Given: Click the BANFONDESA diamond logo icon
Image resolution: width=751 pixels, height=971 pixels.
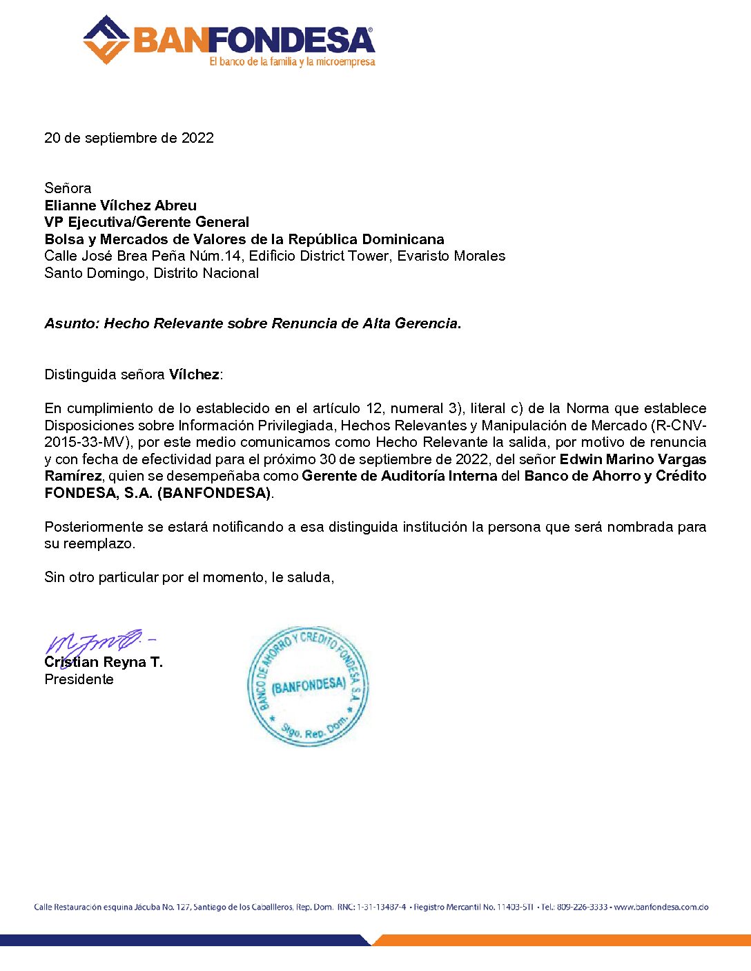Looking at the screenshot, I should pos(106,40).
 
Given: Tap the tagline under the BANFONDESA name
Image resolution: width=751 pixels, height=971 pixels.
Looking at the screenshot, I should pos(292,62).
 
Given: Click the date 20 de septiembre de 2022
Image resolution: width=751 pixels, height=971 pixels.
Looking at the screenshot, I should pos(129,138).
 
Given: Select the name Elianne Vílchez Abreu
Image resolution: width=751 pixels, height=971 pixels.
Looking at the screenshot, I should pos(121,206).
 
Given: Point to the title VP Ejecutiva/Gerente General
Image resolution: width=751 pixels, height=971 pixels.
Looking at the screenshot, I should pos(147,222).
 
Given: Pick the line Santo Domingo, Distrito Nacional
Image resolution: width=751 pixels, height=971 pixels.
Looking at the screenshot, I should pos(152,273).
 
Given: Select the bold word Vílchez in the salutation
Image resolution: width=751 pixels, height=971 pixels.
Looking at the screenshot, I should pos(194,374).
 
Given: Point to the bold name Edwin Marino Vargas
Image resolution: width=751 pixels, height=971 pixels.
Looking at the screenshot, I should pos(632,459).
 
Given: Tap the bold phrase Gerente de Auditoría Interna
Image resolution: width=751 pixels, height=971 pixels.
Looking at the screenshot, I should pos(400,476).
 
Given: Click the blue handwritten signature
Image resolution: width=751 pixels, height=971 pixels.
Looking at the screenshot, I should pos(97,642).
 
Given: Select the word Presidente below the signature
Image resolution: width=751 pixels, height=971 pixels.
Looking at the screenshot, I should pos(79,679).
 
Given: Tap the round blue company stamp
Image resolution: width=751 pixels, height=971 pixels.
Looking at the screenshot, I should pos(308,685).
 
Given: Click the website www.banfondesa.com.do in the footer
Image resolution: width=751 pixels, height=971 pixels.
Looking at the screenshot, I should pos(661,907).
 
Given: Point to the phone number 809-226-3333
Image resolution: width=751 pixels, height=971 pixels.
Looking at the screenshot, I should pos(582,907).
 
